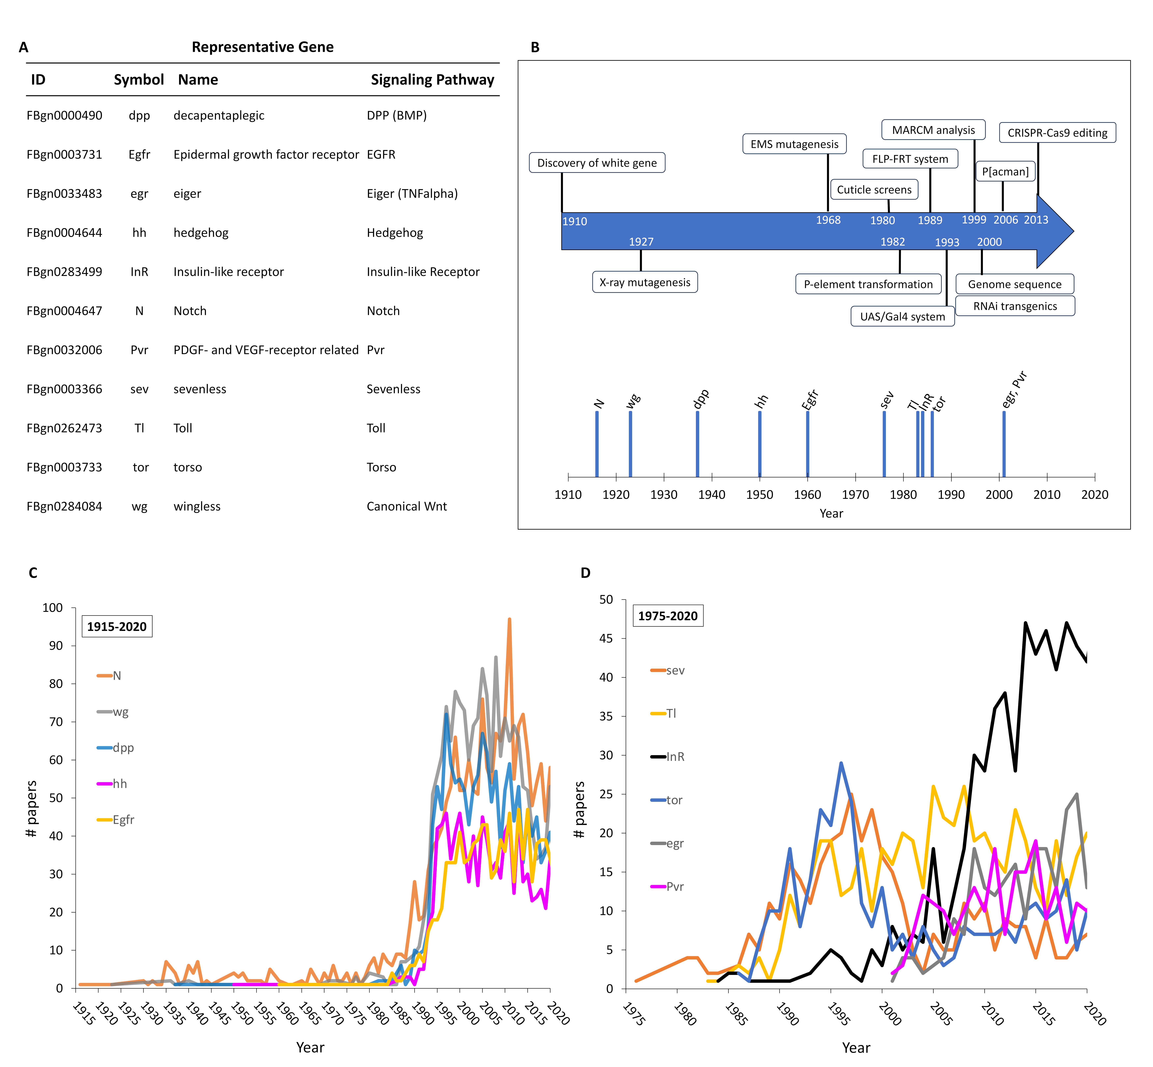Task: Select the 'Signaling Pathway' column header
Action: click(x=432, y=80)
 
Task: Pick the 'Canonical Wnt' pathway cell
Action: click(x=407, y=506)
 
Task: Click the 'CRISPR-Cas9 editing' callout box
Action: click(x=1057, y=133)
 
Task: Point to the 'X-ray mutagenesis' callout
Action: click(x=645, y=282)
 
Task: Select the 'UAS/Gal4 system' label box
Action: click(x=902, y=316)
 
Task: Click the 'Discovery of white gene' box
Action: click(x=597, y=163)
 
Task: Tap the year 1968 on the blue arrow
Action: click(x=828, y=220)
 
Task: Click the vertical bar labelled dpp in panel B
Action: click(x=697, y=443)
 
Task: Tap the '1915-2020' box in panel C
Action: click(x=117, y=626)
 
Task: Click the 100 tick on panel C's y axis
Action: click(x=53, y=607)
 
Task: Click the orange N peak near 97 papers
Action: click(x=509, y=620)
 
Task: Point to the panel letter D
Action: click(x=585, y=573)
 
